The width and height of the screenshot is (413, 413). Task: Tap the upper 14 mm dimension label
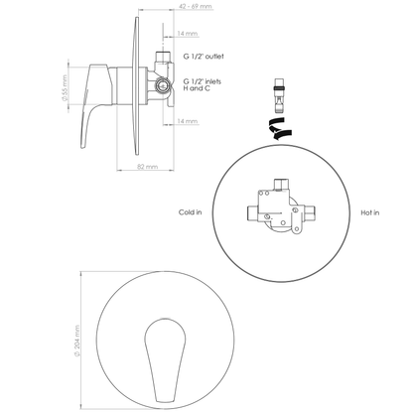188,34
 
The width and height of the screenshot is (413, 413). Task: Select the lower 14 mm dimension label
188,121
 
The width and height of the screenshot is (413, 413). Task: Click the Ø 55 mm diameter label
65,87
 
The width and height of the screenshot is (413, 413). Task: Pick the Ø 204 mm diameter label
77,341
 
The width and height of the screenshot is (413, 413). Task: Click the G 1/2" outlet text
204,57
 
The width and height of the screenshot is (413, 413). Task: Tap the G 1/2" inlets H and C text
203,84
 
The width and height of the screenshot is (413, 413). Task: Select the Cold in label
190,212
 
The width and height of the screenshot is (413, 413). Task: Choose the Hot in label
370,212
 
